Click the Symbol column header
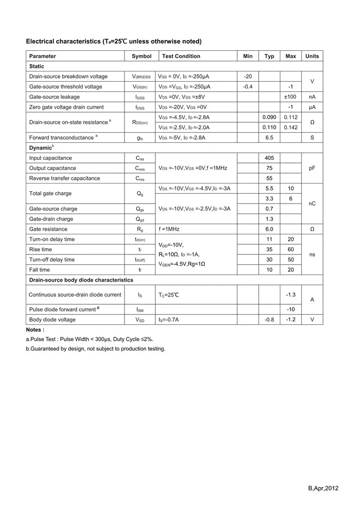coord(141,56)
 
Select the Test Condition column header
coord(181,56)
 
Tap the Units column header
coord(312,56)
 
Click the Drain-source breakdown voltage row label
coord(68,77)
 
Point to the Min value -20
coord(247,77)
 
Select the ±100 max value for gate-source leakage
coord(291,97)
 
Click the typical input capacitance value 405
coord(269,158)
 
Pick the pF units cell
coord(312,168)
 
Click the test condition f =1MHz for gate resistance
coord(169,229)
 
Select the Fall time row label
coord(40,270)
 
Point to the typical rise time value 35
coord(269,249)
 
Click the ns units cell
coord(312,254)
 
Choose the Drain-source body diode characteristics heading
coord(81,280)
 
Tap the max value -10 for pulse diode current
coord(291,309)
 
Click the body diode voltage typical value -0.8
coord(269,320)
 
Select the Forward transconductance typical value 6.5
coord(269,138)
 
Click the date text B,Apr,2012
coord(323,488)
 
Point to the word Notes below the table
coord(35,329)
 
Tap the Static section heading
coord(37,66)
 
